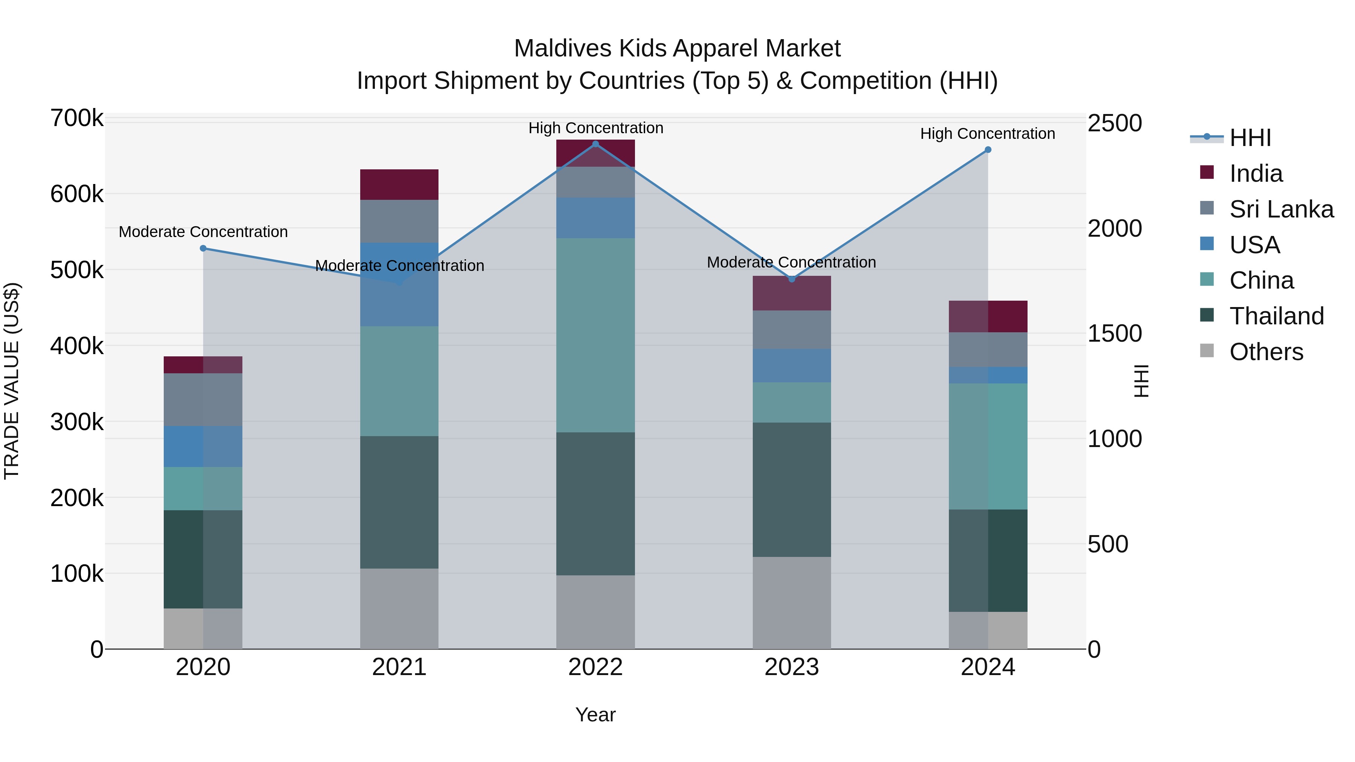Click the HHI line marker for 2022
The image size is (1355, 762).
(595, 144)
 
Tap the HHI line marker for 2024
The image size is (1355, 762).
(988, 150)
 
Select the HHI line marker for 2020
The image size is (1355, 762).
(203, 248)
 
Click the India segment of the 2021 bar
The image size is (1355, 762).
(399, 185)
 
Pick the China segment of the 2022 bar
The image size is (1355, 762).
(595, 336)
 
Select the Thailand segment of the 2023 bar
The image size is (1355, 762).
(792, 490)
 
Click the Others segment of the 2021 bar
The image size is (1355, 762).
(399, 608)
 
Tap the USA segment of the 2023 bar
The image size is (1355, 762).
(792, 365)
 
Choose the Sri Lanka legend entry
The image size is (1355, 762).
(1281, 209)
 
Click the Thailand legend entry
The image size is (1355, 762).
(1276, 316)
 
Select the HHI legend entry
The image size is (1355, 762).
(1250, 138)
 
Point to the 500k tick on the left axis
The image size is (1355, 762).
(77, 270)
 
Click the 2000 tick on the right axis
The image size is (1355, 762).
(1114, 229)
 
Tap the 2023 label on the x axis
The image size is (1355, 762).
(792, 667)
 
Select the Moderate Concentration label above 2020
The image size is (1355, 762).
(203, 232)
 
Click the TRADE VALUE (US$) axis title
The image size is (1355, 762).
(12, 381)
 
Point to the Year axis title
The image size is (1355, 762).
(595, 715)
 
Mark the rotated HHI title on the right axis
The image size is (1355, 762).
(1141, 381)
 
